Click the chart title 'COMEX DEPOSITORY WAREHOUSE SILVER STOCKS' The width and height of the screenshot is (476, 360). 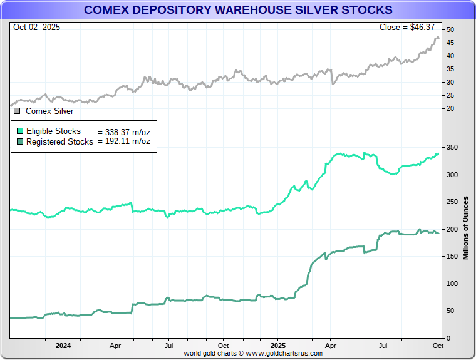pyautogui.click(x=238, y=9)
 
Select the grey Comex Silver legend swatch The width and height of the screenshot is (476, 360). pyautogui.click(x=17, y=111)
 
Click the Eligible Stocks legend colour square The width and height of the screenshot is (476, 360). pyautogui.click(x=20, y=131)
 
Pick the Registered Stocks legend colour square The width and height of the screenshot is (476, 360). pyautogui.click(x=20, y=141)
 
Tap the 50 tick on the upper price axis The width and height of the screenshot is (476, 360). pyautogui.click(x=450, y=29)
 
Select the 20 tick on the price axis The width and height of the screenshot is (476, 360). pyautogui.click(x=450, y=108)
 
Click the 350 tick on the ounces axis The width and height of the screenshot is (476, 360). pyautogui.click(x=452, y=148)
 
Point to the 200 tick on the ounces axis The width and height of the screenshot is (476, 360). pyautogui.click(x=452, y=230)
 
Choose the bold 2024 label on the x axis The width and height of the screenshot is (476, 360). pyautogui.click(x=63, y=345)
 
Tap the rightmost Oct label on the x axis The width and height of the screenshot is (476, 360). pyautogui.click(x=438, y=345)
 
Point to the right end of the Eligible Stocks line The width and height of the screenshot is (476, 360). pyautogui.click(x=438, y=153)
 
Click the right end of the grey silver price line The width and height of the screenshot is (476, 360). pyautogui.click(x=438, y=39)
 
